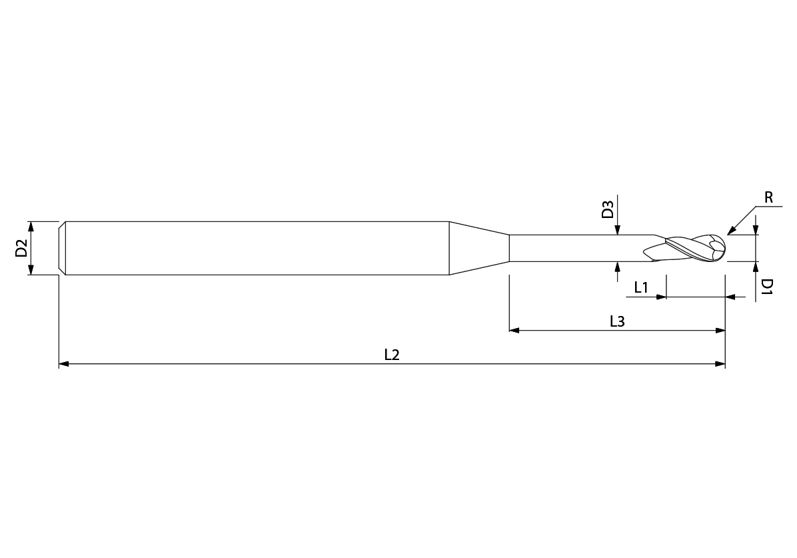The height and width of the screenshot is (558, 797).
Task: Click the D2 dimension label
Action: point(21,248)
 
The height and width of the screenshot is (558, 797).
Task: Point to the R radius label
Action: point(768,197)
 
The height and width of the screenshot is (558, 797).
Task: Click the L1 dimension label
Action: point(641,288)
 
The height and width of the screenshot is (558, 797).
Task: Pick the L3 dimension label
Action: point(617,321)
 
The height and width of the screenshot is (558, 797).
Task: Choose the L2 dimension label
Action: point(392,355)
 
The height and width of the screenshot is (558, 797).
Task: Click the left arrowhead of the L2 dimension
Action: point(64,364)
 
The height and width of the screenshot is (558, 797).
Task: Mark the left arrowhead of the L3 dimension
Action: point(514,330)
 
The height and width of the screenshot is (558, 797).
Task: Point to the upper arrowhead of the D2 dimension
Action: point(31,225)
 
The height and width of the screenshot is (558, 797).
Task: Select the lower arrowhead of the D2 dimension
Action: point(31,270)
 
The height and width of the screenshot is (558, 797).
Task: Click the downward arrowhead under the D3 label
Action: point(618,230)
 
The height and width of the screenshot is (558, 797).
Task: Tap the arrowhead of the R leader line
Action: point(731,232)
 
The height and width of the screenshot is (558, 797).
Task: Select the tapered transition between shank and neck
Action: point(478,248)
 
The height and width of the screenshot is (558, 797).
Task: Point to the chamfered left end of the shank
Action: point(62,248)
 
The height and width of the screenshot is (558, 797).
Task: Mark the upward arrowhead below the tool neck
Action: point(618,267)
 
